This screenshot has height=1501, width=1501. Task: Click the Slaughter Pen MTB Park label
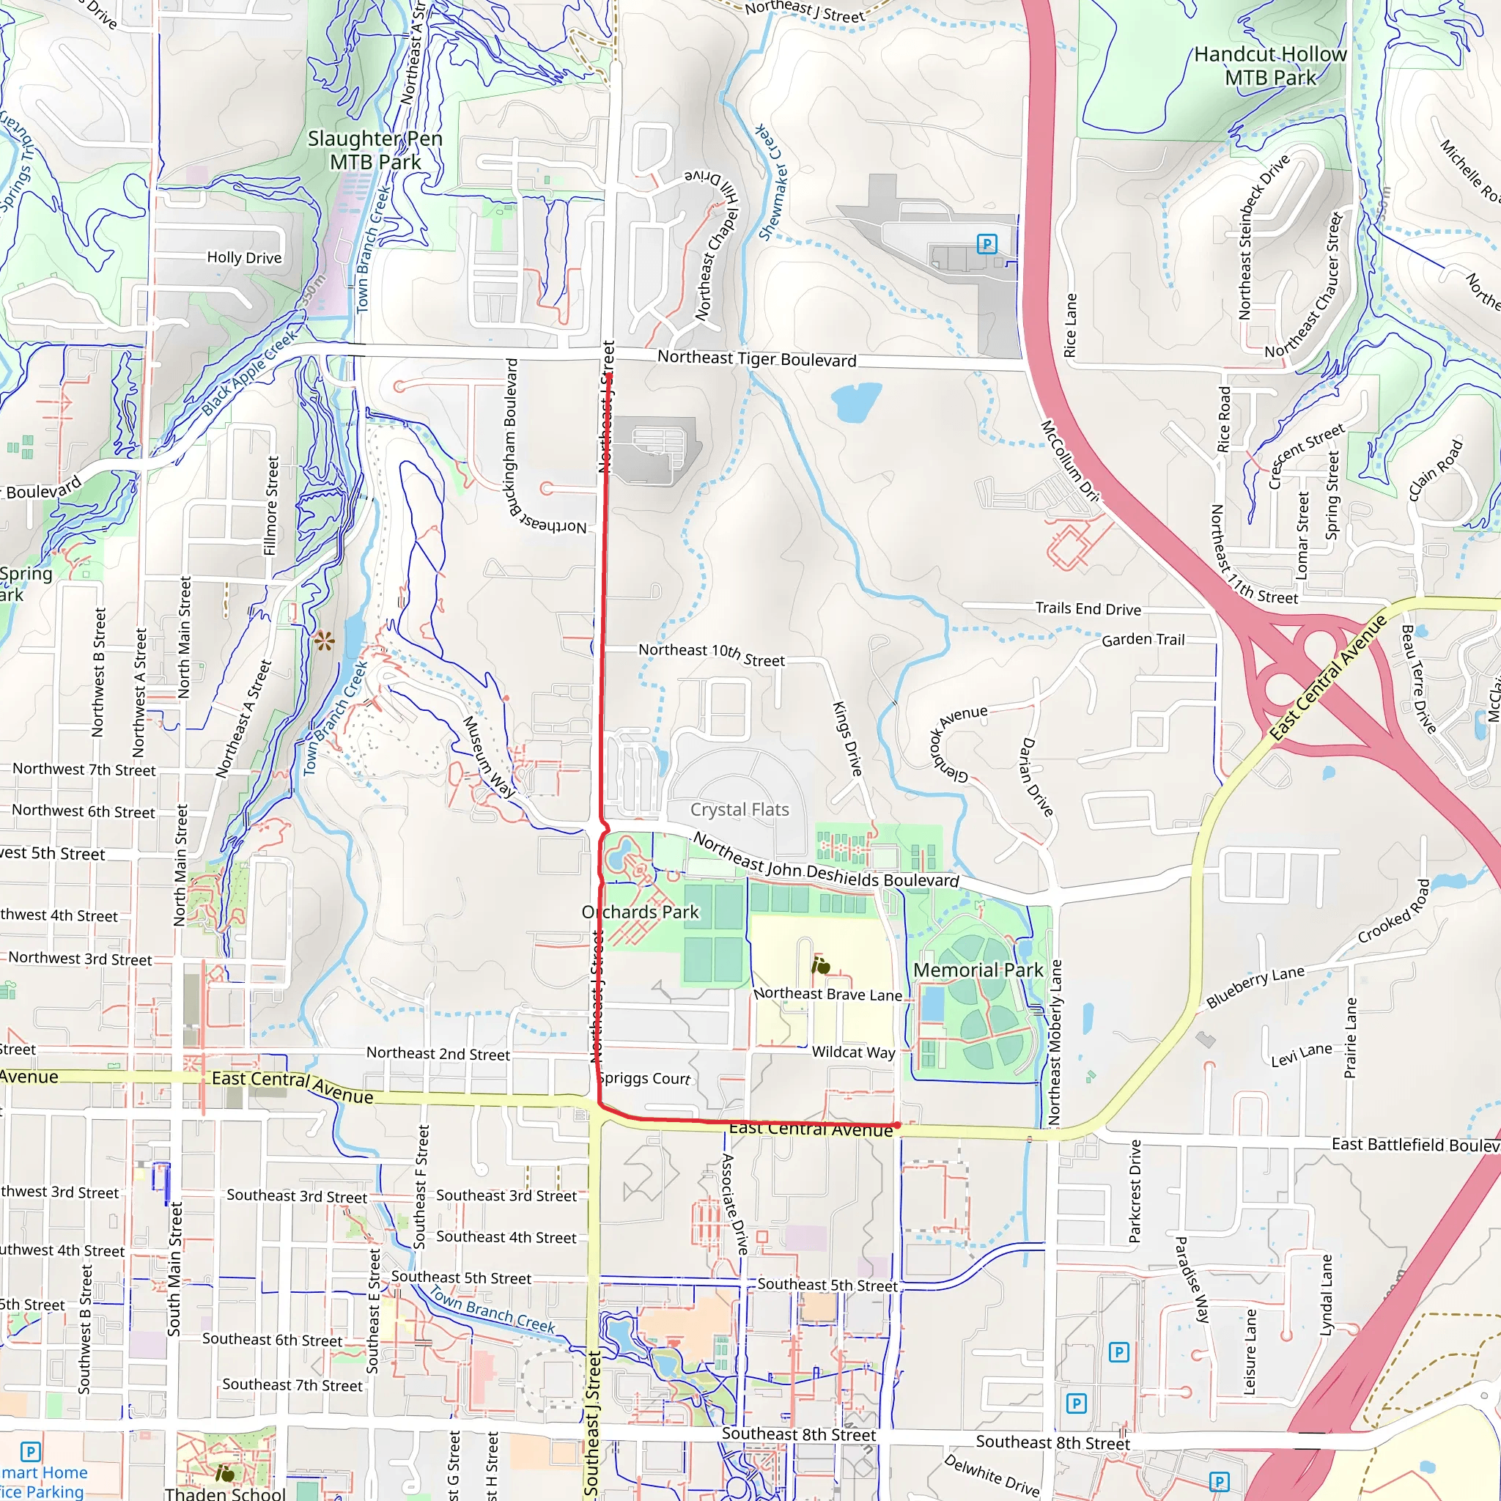click(x=375, y=150)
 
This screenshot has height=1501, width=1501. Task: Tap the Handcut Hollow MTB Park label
click(x=1270, y=66)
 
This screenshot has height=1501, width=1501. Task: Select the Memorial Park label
click(x=978, y=970)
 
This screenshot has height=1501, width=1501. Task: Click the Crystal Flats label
click(x=740, y=810)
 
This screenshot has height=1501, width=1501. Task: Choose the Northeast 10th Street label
click(x=712, y=654)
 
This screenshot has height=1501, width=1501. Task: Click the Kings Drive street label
click(x=848, y=738)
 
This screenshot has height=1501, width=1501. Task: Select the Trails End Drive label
click(x=1088, y=608)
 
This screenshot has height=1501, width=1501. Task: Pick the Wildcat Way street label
click(x=853, y=1052)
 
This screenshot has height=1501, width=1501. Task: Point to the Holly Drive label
click(x=244, y=257)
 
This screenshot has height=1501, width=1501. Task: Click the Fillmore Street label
click(x=270, y=506)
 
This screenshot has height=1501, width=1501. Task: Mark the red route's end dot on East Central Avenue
click(x=897, y=1125)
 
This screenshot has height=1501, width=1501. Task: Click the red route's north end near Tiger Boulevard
click(x=611, y=376)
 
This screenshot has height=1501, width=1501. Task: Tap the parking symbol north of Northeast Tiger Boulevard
click(x=986, y=244)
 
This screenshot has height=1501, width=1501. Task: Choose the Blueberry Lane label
click(x=1255, y=986)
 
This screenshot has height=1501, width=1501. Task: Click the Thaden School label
click(x=225, y=1493)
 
